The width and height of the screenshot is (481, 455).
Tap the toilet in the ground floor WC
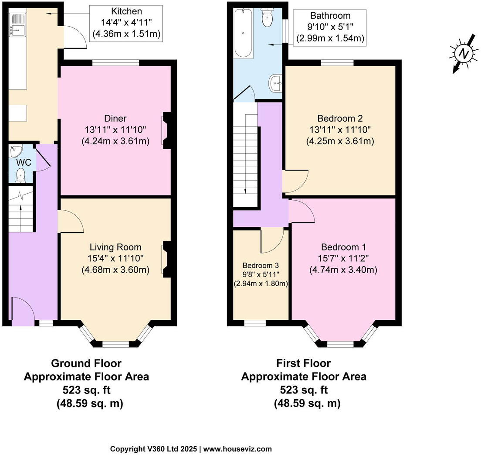[20, 175]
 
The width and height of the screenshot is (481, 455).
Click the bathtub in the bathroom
[243, 33]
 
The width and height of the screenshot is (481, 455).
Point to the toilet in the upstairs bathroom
[268, 17]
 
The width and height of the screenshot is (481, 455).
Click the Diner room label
[115, 118]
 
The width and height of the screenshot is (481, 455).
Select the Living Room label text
[115, 247]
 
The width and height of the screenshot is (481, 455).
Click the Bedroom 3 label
[261, 265]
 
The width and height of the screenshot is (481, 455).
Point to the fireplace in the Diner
[166, 130]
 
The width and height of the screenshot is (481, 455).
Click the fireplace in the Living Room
[166, 259]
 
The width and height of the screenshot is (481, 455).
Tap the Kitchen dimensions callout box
[126, 24]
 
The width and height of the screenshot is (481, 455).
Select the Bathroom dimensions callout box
[330, 27]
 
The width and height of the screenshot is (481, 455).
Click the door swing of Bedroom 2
[295, 181]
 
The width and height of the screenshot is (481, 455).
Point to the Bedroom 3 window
[255, 323]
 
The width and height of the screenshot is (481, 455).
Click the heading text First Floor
[303, 363]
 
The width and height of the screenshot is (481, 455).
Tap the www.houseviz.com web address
[237, 449]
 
